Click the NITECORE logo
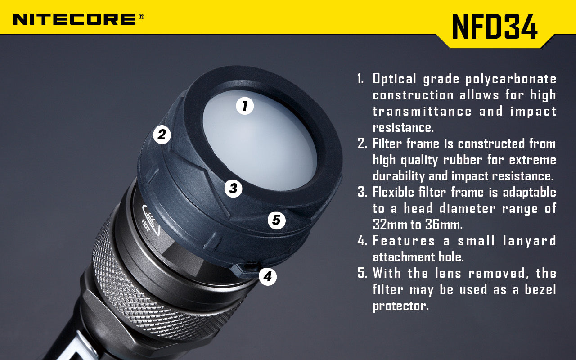74,19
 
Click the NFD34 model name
495,27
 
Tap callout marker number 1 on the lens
245,106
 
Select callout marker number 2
162,135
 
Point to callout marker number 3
233,188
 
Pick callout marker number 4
268,276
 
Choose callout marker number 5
276,220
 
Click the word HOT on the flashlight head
146,222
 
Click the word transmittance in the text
422,112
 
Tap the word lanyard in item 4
529,241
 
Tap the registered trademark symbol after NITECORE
141,17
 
